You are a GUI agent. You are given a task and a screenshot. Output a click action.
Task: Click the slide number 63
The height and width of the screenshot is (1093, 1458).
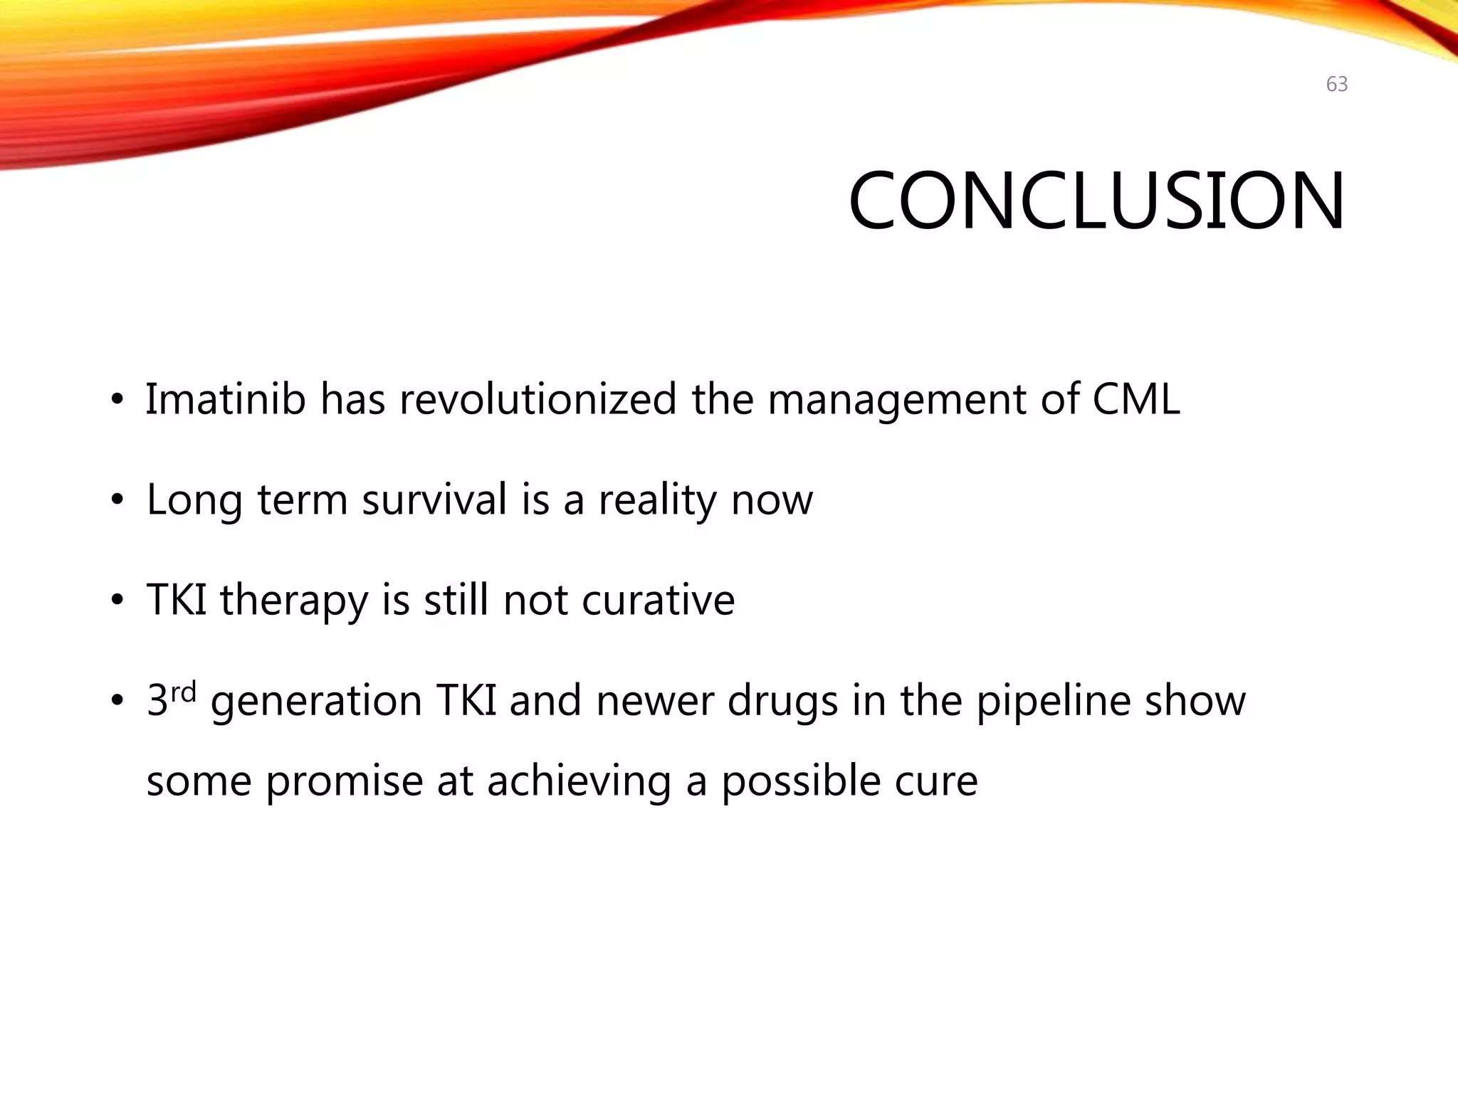pos(1336,85)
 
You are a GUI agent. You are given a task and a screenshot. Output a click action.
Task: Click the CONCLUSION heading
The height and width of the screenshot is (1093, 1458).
pos(1096,201)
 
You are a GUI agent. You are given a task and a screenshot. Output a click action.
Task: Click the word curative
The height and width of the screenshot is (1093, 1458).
pos(658,599)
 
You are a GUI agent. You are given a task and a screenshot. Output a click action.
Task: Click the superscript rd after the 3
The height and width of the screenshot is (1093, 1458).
pos(183,692)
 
